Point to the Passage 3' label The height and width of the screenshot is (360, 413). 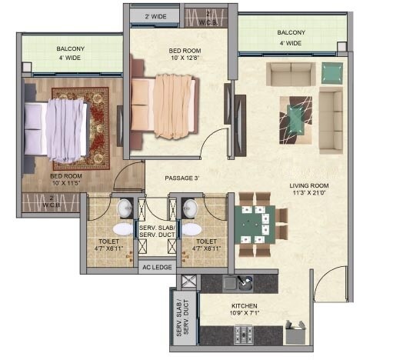click(x=182, y=178)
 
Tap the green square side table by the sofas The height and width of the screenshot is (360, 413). click(x=333, y=73)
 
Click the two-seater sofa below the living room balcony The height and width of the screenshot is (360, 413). click(x=290, y=75)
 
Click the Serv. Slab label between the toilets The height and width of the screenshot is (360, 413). click(x=157, y=232)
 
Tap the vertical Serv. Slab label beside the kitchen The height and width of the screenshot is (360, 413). click(x=182, y=316)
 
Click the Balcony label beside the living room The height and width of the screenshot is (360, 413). click(x=291, y=37)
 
